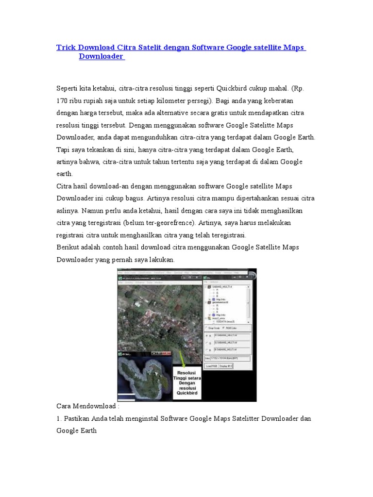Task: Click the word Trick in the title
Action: (66, 48)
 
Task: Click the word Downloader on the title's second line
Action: (101, 57)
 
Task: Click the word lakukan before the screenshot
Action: (161, 260)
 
